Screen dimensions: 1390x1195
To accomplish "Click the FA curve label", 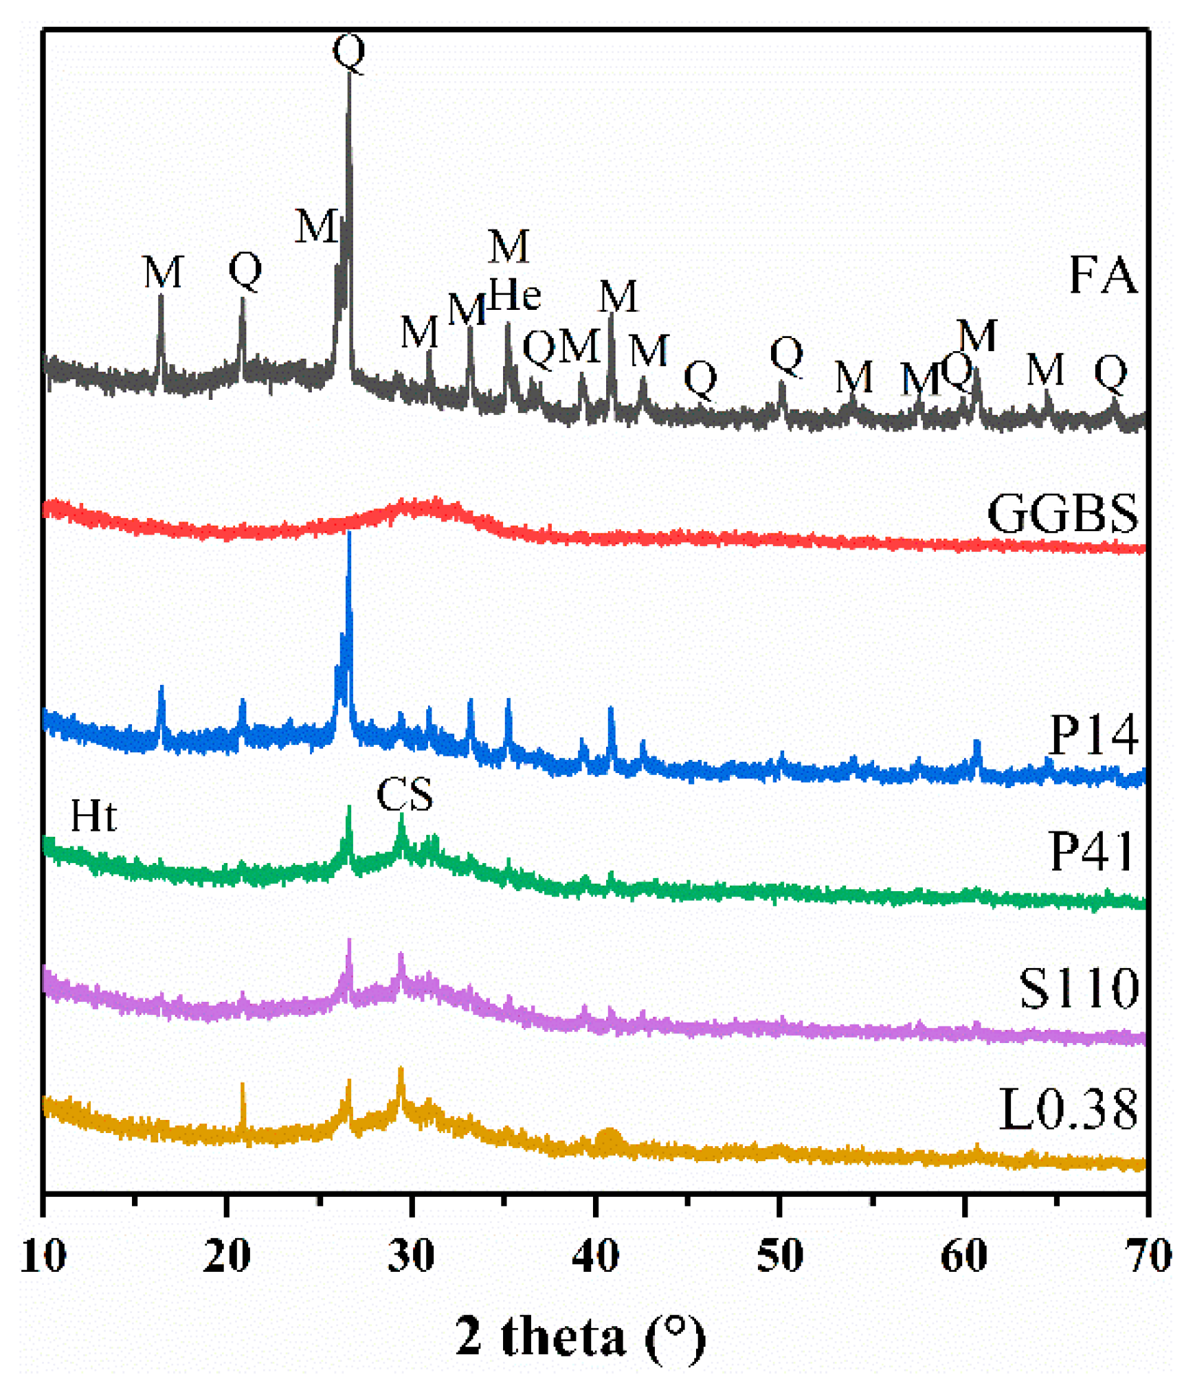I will [x=1102, y=276].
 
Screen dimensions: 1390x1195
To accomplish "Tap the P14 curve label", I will [x=1093, y=735].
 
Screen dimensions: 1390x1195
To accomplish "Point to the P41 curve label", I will [x=1091, y=851].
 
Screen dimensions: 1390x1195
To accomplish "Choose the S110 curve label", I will [x=1078, y=989].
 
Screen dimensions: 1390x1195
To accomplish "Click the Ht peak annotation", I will [x=93, y=816].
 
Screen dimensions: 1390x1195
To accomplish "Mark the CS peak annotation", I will [x=405, y=795].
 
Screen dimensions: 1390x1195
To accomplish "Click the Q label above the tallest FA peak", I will [x=348, y=52].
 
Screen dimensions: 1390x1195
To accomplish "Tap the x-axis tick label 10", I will [x=43, y=1255].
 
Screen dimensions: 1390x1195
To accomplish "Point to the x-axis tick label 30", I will [x=411, y=1255].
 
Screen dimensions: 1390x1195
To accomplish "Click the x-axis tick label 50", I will [x=779, y=1255].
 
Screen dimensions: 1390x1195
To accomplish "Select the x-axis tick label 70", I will [x=1147, y=1255].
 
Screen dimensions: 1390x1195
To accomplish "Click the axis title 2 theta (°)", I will [x=581, y=1337].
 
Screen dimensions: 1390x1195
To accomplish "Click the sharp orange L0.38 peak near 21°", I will [x=243, y=1085].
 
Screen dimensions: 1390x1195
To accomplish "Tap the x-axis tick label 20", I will [x=227, y=1255].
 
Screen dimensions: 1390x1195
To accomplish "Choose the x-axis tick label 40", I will [x=595, y=1255].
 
